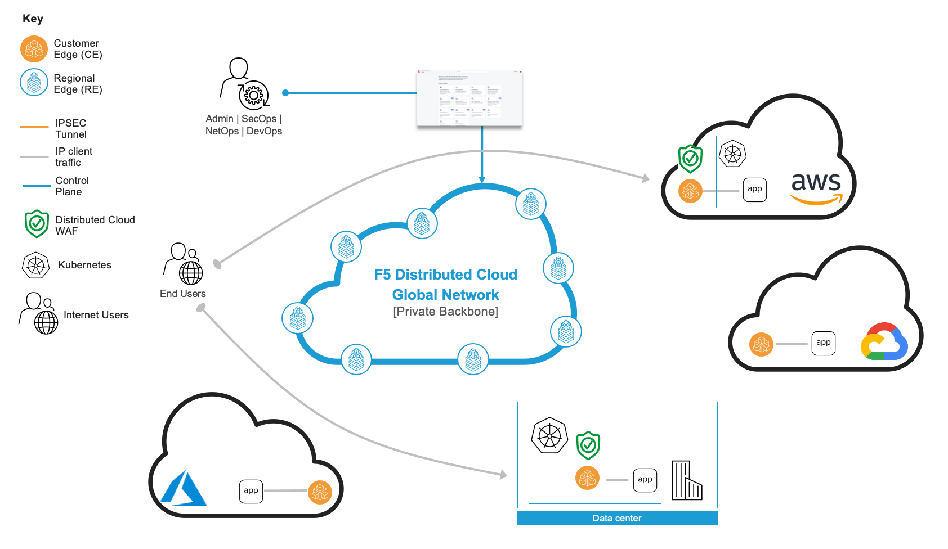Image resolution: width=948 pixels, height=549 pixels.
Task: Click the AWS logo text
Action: pos(816,182)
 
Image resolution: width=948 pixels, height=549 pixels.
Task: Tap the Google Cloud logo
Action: pos(884,341)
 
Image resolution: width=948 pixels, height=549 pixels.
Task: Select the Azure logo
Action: pos(184,488)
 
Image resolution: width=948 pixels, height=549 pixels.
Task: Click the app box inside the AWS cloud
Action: pos(754,189)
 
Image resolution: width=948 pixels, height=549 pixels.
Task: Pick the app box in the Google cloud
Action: pos(823,343)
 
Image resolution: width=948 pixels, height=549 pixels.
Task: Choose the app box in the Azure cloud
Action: pos(251,491)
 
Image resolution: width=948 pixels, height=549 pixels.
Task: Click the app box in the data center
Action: pos(645,480)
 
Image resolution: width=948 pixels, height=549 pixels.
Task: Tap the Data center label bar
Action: pos(617,518)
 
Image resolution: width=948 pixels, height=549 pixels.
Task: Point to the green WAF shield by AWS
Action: pos(690,159)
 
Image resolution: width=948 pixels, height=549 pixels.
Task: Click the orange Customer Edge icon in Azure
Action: pos(320,492)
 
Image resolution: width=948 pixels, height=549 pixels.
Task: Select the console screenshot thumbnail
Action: pos(469,98)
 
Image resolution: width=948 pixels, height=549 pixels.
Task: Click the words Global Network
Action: pos(445,295)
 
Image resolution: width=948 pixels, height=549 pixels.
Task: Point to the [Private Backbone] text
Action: pos(445,312)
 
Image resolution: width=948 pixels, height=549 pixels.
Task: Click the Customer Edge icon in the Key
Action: pos(34,49)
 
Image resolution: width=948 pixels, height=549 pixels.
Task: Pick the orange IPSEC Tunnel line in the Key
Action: pos(34,127)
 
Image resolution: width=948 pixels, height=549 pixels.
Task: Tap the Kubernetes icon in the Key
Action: pos(35,265)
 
